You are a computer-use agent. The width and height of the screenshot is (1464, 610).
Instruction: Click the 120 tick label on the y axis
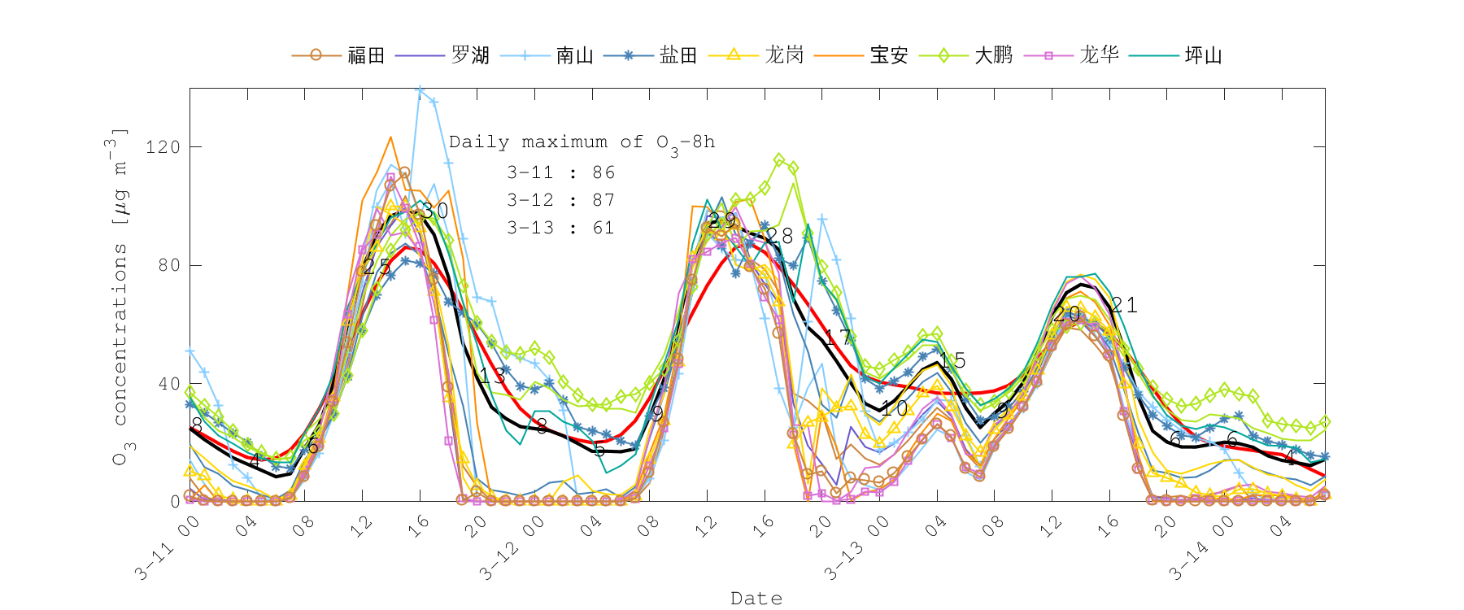click(162, 147)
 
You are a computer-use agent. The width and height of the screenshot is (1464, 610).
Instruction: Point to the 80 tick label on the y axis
click(168, 265)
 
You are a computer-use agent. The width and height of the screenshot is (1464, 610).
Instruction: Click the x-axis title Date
click(756, 599)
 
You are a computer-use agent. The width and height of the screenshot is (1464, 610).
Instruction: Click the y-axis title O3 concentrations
click(120, 297)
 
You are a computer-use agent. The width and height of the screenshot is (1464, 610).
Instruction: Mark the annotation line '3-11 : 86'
click(560, 172)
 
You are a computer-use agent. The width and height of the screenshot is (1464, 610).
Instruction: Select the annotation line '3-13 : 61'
click(560, 228)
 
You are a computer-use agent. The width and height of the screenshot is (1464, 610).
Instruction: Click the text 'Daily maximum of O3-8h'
click(582, 142)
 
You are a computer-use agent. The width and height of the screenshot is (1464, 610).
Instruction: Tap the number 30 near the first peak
click(435, 211)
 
